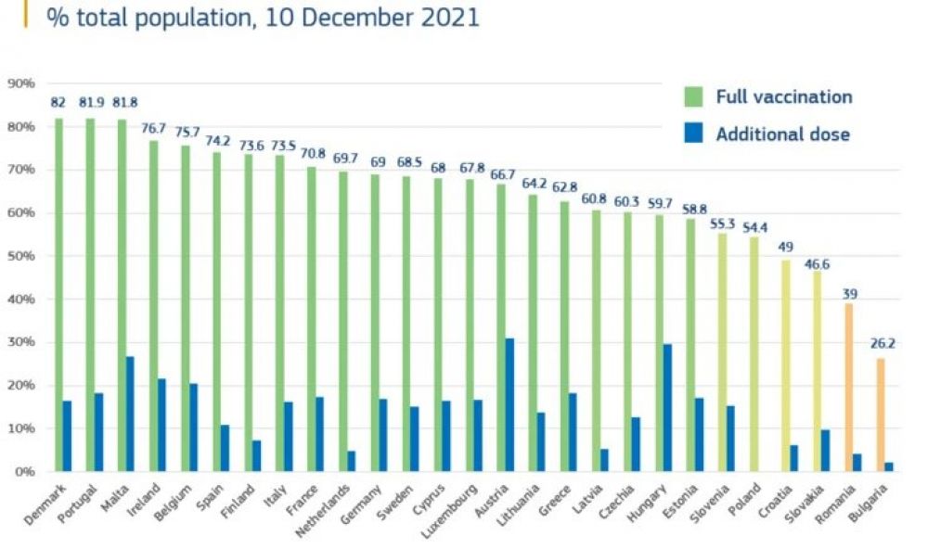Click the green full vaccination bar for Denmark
(x=58, y=295)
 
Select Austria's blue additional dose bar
(x=509, y=405)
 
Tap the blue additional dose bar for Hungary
(x=667, y=408)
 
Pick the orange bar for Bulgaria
(x=880, y=415)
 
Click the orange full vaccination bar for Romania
(x=848, y=387)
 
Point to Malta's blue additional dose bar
(x=130, y=414)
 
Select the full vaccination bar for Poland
(x=754, y=353)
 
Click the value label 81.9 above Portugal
(x=90, y=103)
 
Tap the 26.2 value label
(x=883, y=343)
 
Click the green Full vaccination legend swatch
(x=693, y=96)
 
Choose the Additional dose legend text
(x=782, y=134)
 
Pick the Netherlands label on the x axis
(x=329, y=509)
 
